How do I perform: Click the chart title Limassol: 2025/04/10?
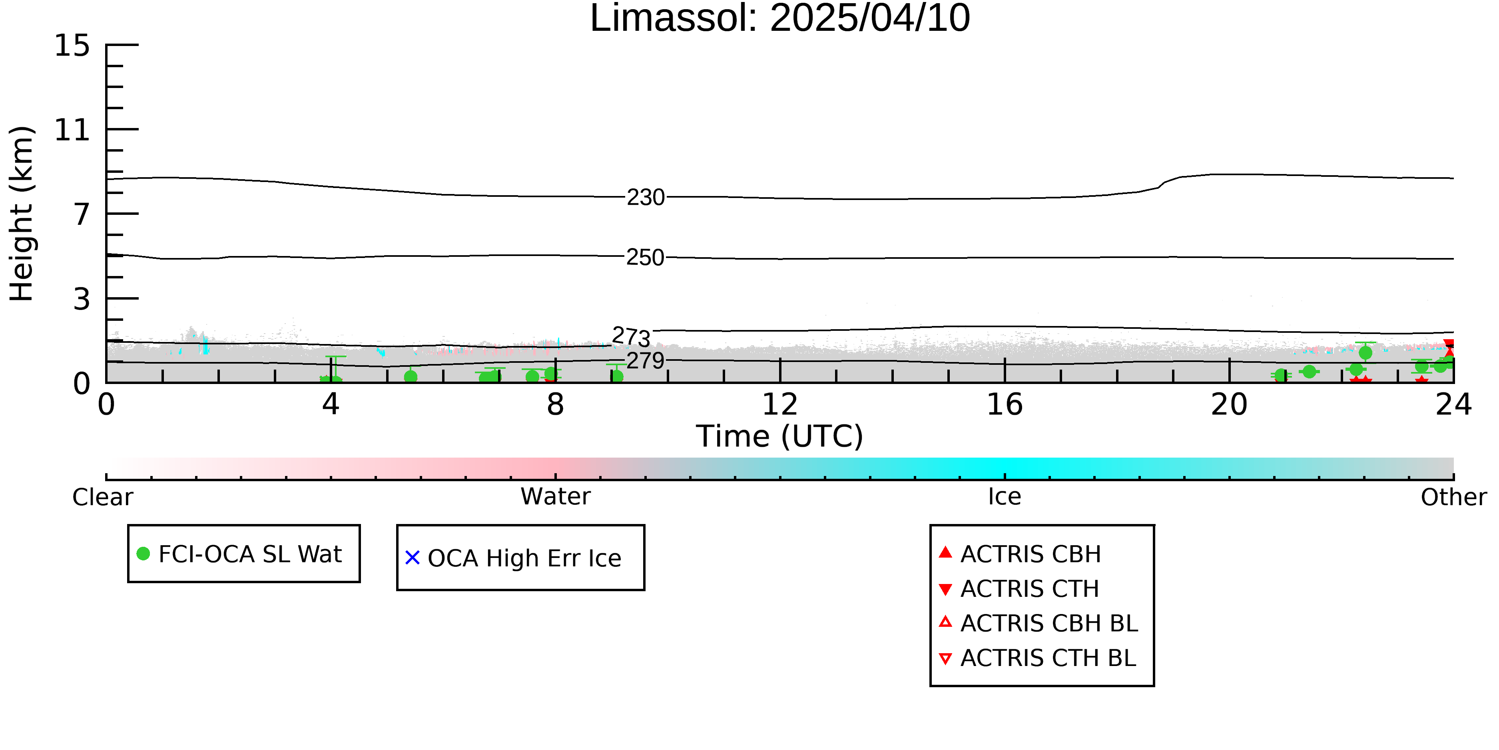point(780,19)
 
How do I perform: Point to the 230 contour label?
point(645,197)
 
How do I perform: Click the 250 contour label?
point(645,257)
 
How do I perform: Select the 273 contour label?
point(631,336)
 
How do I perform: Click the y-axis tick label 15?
point(72,46)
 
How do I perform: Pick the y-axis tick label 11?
point(72,130)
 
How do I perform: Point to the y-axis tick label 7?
point(82,214)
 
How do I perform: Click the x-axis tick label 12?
point(780,404)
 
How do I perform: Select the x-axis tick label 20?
point(1229,404)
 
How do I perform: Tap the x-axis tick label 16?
point(1005,404)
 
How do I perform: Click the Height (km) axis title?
point(22,214)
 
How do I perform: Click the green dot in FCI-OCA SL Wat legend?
point(143,554)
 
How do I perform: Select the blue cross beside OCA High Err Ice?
point(413,558)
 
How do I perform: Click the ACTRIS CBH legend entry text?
point(1031,554)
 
